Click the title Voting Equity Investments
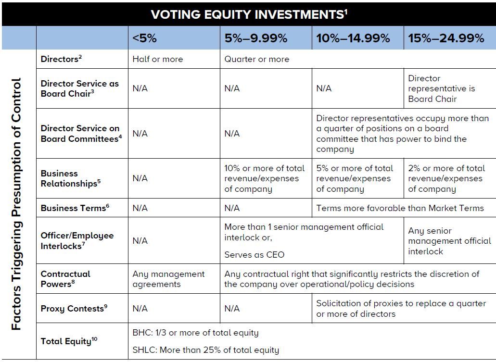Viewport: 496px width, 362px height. [249, 14]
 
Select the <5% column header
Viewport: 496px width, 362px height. [145, 38]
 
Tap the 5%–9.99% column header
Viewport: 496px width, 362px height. [255, 38]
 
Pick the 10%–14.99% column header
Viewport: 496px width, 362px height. [353, 38]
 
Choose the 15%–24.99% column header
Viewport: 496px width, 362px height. [446, 38]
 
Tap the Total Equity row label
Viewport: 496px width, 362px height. [66, 341]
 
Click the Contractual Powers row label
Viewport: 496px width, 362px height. [65, 279]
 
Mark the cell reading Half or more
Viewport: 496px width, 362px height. [158, 59]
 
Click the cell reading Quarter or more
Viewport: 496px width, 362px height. [257, 59]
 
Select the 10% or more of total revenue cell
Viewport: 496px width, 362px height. [265, 178]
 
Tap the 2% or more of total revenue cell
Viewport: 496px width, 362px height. [446, 178]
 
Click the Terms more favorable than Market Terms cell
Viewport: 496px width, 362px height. [400, 208]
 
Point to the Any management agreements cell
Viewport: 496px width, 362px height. [168, 279]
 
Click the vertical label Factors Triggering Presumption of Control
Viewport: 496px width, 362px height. [17, 204]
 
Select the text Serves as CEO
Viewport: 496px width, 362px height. [254, 255]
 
